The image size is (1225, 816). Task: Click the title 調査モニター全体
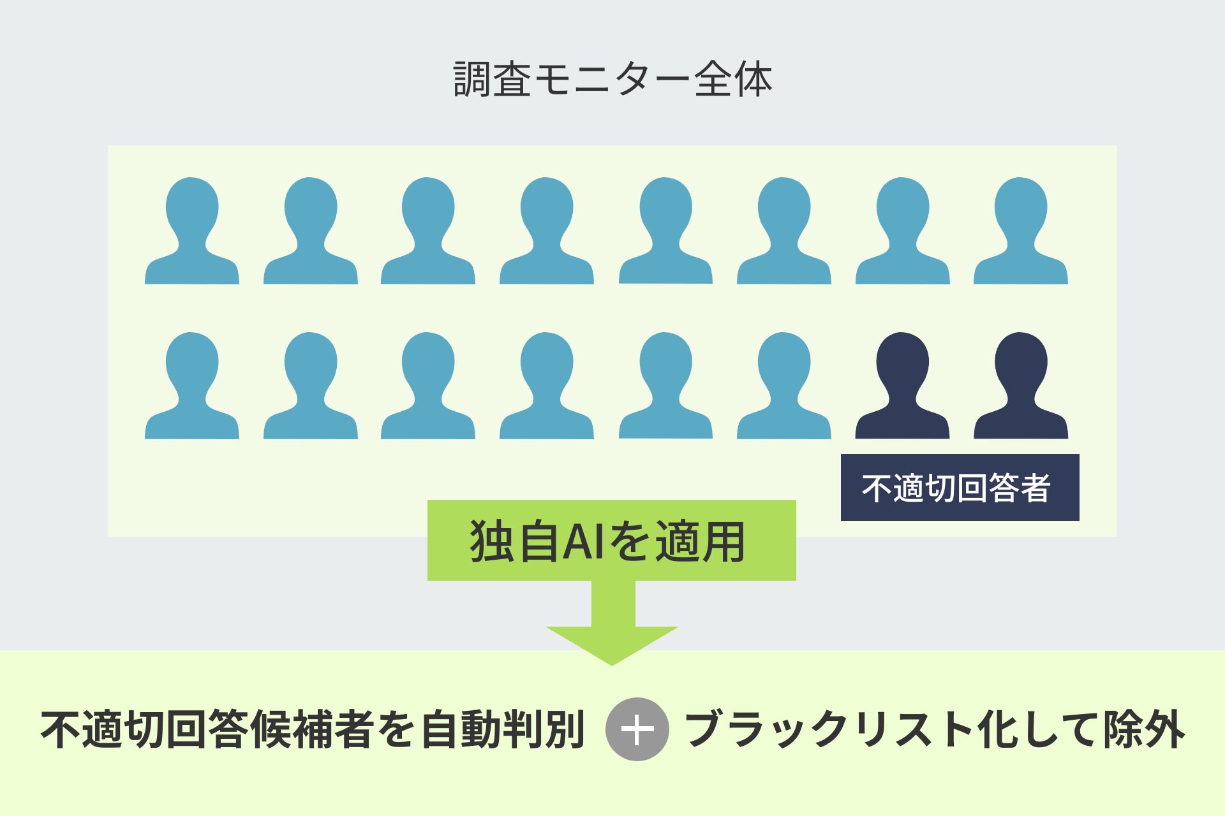pos(612,80)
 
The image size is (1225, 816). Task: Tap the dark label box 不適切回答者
pos(960,488)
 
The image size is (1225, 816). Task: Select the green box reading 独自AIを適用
pos(611,541)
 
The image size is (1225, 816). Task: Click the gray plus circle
pos(637,729)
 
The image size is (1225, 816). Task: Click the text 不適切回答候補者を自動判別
pos(313,729)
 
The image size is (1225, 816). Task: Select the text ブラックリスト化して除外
pos(935,729)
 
